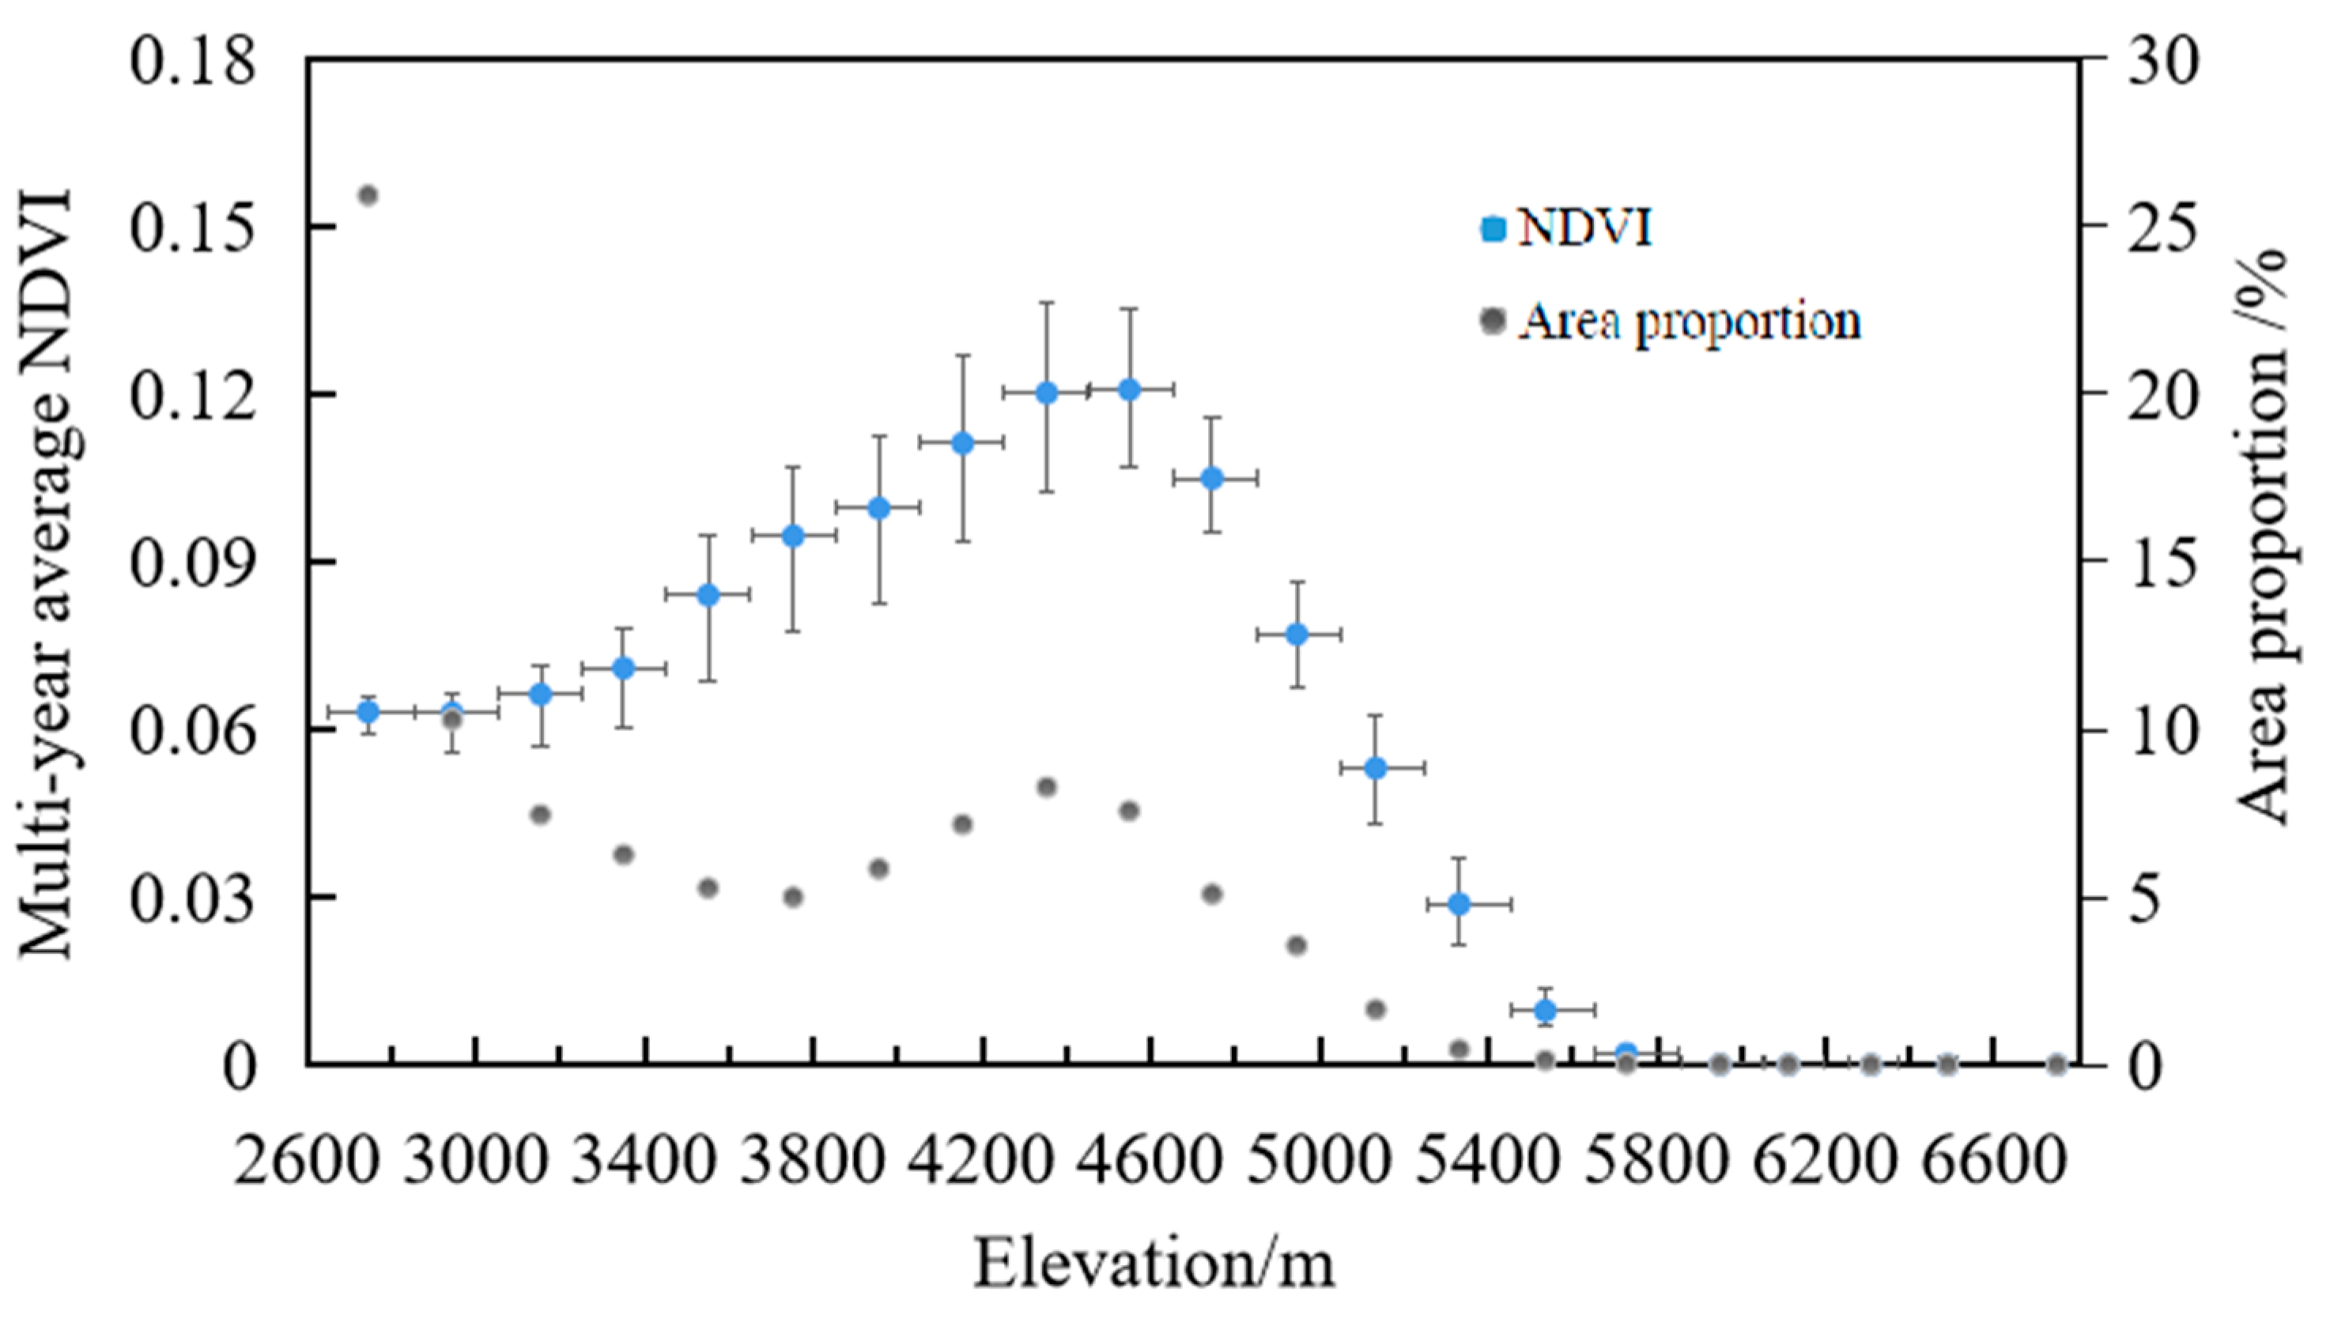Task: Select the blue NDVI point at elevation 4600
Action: (x=1130, y=389)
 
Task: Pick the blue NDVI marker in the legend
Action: (x=1493, y=228)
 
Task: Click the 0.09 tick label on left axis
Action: (x=191, y=563)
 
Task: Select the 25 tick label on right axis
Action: (x=2162, y=228)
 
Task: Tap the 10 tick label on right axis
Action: (x=2162, y=730)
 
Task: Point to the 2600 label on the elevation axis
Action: (x=305, y=1160)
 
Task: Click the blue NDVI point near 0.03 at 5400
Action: (x=1459, y=904)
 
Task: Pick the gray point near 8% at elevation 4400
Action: (x=1047, y=787)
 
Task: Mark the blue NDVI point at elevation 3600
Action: (x=708, y=595)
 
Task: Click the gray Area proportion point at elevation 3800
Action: (x=793, y=897)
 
